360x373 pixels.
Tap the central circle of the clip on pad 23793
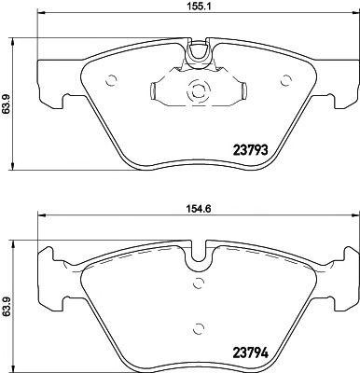click(x=197, y=91)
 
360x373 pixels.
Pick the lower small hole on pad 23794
click(x=197, y=327)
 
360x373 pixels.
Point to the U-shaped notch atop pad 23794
click(x=197, y=254)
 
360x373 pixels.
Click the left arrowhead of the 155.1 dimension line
click(x=38, y=21)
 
